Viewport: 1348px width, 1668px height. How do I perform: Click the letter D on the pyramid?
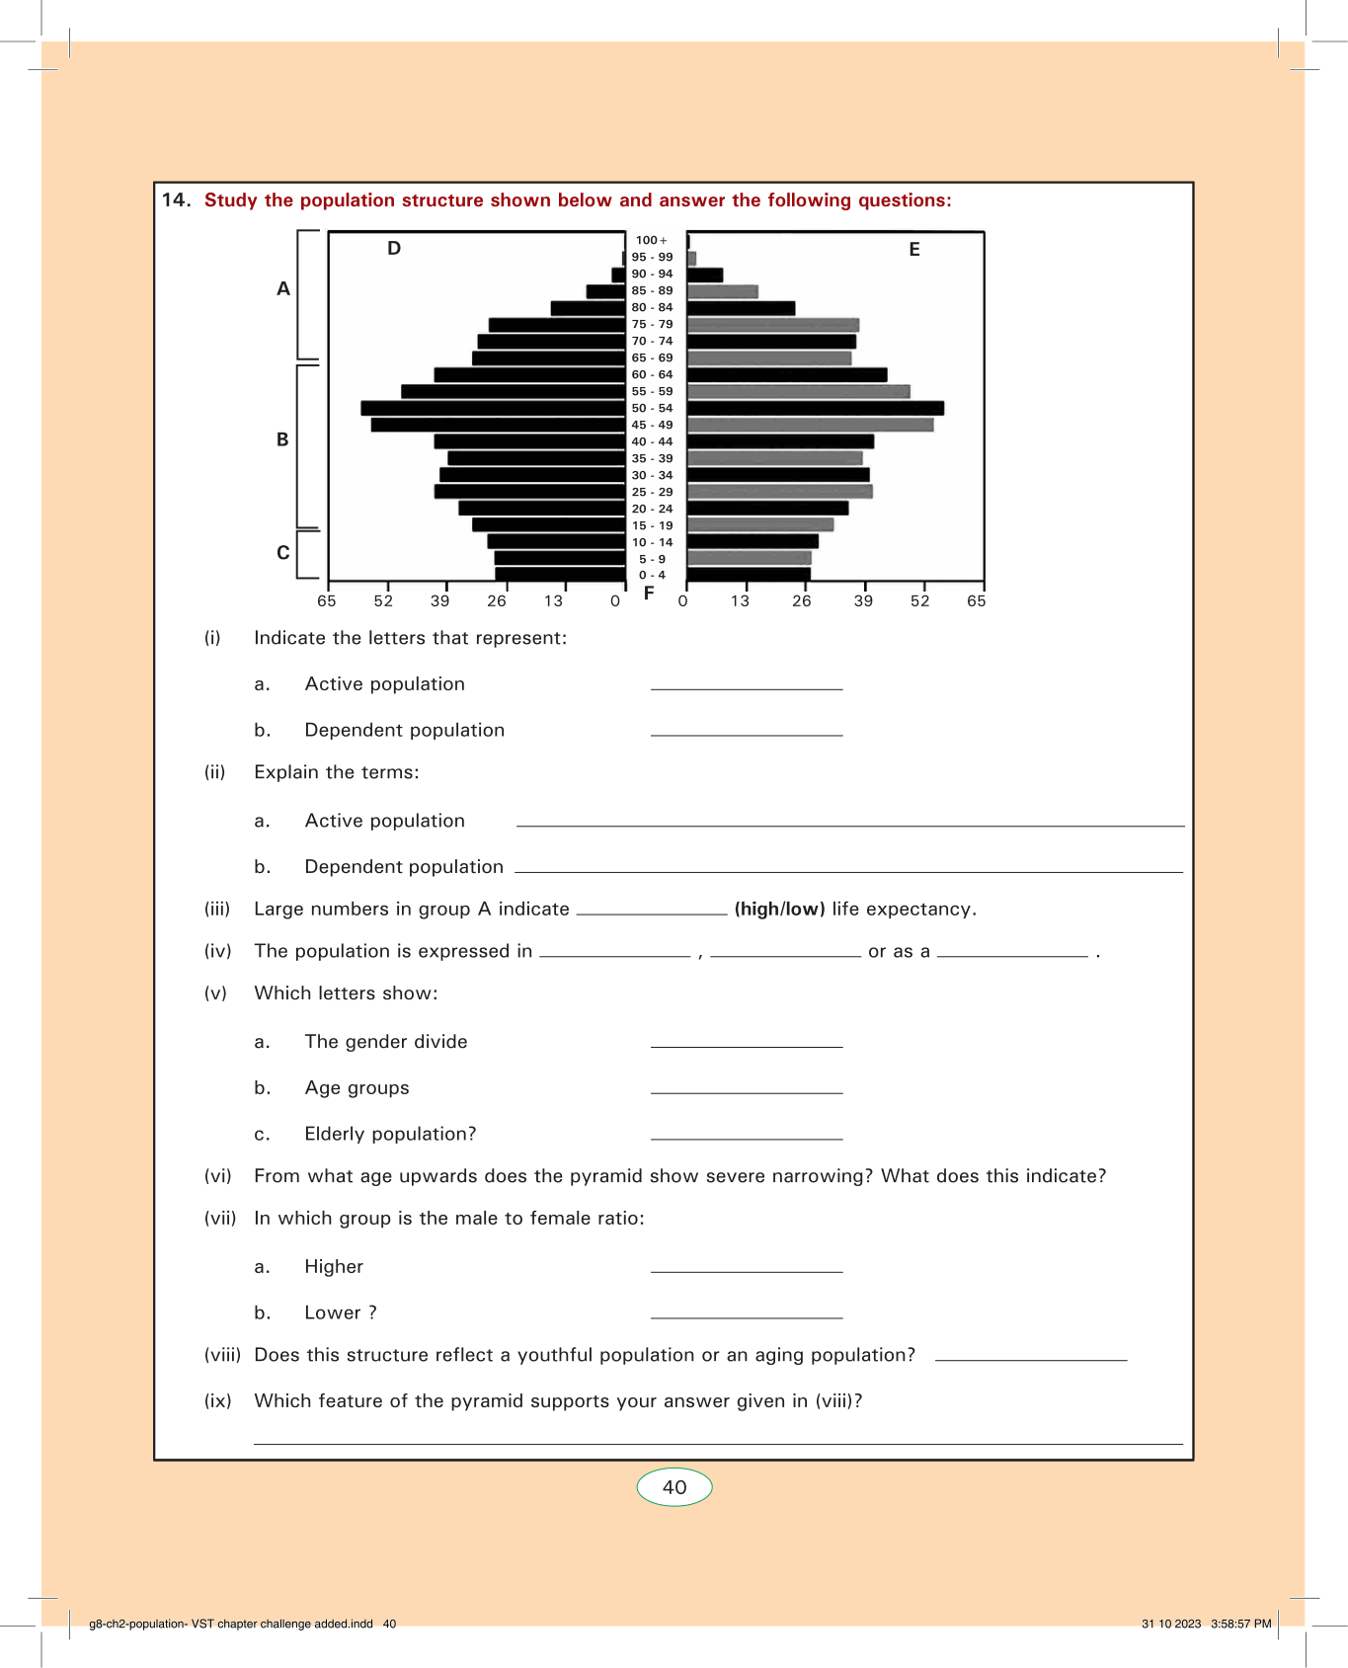[394, 248]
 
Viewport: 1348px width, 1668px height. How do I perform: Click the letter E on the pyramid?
[914, 250]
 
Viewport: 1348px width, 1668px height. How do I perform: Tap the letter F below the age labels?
[649, 594]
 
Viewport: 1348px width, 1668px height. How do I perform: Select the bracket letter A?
[283, 289]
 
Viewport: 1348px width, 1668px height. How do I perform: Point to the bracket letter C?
[283, 553]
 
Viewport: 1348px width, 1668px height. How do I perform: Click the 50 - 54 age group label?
[652, 408]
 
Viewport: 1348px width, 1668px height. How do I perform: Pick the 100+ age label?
[651, 240]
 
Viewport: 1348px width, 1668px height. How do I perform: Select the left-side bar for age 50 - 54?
[494, 408]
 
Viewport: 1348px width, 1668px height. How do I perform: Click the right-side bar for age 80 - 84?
[741, 308]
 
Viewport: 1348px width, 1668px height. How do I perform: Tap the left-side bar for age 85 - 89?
[605, 291]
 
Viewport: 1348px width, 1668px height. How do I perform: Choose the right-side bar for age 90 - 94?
[705, 275]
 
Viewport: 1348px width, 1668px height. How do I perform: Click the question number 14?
[176, 200]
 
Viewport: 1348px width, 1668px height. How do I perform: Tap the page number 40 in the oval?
[674, 1487]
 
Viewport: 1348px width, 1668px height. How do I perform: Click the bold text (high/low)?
[779, 910]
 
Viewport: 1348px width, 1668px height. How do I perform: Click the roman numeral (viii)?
[222, 1355]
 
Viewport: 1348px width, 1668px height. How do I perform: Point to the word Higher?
[334, 1267]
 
